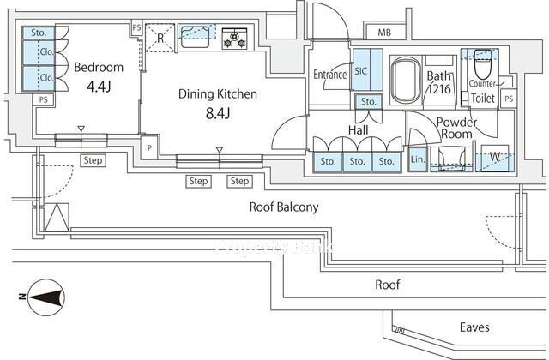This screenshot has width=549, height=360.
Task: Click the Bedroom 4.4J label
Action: [x=98, y=76]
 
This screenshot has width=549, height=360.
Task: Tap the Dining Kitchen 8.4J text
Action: [x=218, y=103]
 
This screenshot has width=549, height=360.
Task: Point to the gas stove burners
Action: [x=233, y=39]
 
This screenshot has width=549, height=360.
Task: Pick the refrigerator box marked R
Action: [x=159, y=39]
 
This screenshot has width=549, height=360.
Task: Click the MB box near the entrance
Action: [x=383, y=33]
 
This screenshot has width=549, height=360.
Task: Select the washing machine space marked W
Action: [x=495, y=157]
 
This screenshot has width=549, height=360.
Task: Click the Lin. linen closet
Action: [x=418, y=160]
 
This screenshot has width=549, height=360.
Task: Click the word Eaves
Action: [x=474, y=327]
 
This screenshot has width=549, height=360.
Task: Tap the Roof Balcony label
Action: [x=284, y=207]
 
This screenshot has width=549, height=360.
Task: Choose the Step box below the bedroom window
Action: [x=93, y=160]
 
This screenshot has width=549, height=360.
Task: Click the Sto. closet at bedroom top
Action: [x=38, y=33]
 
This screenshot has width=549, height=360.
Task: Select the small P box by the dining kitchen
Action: [x=149, y=147]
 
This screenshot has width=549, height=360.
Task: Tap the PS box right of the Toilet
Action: [x=509, y=99]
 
